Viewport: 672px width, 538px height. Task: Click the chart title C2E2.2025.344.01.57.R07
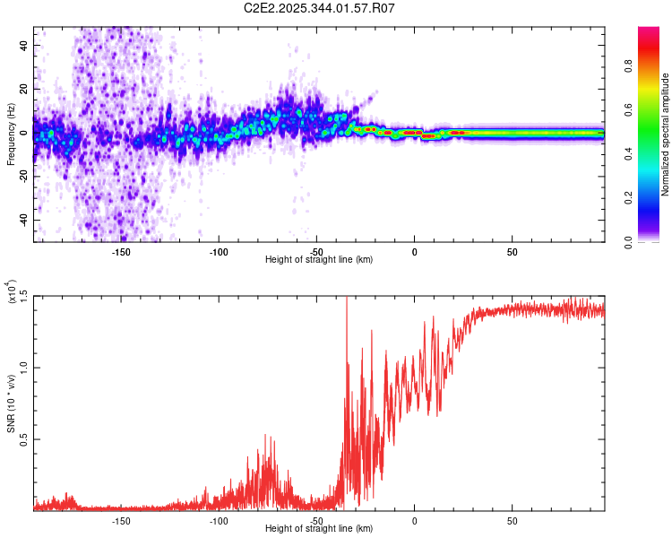coord(320,9)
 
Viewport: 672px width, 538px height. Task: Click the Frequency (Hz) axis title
coord(12,134)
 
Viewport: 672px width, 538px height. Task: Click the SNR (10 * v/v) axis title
coord(12,403)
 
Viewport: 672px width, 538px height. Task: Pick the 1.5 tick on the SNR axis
coord(23,296)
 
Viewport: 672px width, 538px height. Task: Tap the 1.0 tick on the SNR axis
coord(23,368)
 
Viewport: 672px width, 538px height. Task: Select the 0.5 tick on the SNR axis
coord(23,439)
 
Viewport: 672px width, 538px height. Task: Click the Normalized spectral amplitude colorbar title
coord(665,134)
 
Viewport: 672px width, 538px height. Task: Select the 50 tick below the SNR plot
coord(512,521)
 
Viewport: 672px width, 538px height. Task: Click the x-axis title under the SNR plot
coord(319,530)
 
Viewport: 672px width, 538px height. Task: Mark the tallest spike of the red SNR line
coord(346,299)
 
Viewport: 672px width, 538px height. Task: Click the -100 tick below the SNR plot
coord(219,521)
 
